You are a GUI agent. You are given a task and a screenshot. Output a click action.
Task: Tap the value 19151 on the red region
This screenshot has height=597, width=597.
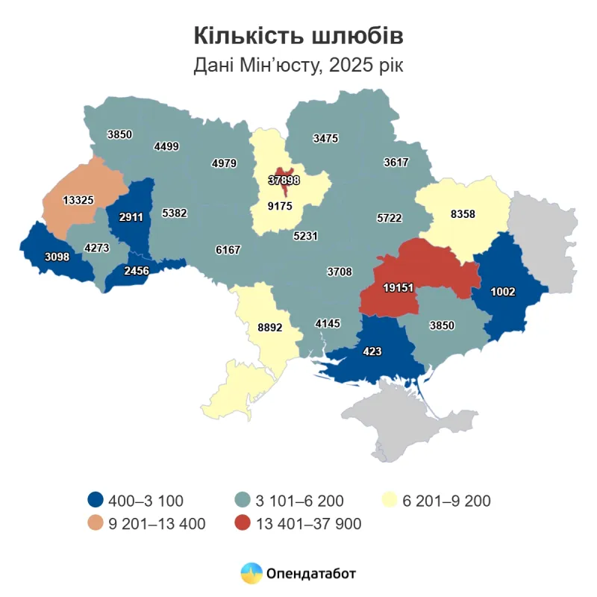[399, 288]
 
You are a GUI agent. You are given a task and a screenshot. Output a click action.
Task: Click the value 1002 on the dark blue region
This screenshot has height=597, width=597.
[504, 292]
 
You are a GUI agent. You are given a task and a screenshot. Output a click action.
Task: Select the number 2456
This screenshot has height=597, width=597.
[137, 271]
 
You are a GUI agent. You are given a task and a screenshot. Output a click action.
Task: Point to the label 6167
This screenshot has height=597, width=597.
[228, 249]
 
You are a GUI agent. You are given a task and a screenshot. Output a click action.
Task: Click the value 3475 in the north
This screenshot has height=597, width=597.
[326, 138]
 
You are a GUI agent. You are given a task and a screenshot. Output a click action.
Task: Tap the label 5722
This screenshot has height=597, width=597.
[389, 218]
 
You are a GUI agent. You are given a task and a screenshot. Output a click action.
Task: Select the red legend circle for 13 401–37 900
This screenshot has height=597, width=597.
[243, 524]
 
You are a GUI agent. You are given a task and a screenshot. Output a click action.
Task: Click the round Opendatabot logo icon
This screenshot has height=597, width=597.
[250, 573]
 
